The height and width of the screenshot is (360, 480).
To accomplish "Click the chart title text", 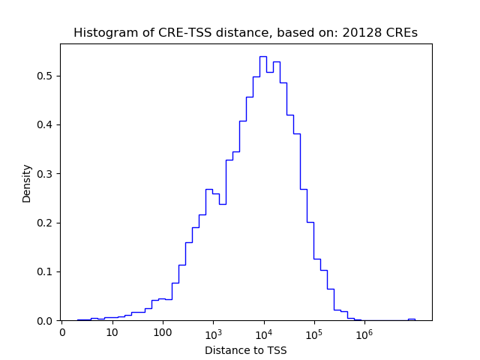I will click(x=245, y=33).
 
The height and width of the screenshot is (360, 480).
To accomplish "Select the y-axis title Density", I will click(x=27, y=182).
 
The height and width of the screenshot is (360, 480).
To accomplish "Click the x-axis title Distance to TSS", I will click(x=245, y=349).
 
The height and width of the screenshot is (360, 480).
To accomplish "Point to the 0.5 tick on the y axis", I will click(x=47, y=76).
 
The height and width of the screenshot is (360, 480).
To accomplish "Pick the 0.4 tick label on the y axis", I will click(x=47, y=124).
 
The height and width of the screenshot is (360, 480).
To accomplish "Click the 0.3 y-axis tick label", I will click(x=47, y=174).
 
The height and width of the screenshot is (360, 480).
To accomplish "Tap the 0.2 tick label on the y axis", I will click(x=47, y=223).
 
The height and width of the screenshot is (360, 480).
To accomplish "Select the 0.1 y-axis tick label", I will click(x=47, y=271).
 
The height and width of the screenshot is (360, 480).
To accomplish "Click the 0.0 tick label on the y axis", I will click(x=47, y=320).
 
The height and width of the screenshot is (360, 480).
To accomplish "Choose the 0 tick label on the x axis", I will click(x=62, y=332).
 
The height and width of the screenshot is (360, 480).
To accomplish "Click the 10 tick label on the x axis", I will click(x=112, y=332).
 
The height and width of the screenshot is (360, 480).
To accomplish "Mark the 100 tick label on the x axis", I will click(x=163, y=332).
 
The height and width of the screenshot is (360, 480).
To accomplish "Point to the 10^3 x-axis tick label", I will click(x=213, y=332).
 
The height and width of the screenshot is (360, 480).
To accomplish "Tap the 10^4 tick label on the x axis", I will click(x=264, y=332).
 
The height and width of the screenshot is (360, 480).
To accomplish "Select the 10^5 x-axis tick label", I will click(x=314, y=332).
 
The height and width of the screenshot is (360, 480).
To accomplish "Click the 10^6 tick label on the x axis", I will click(x=364, y=332).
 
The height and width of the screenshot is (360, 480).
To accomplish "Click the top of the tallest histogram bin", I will click(x=263, y=56).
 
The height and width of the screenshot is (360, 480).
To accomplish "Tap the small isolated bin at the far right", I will click(x=411, y=319).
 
